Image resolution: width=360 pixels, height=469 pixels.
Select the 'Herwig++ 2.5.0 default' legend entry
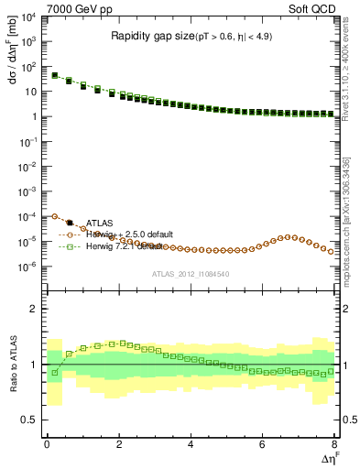tap(129, 234)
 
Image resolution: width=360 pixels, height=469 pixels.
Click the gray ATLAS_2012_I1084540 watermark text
tap(190, 274)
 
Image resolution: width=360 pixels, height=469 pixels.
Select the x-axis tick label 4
tap(191, 444)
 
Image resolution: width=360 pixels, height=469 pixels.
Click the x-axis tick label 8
tap(334, 444)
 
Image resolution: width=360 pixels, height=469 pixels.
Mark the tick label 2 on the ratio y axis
tap(34, 310)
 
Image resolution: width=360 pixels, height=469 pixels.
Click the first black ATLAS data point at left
tap(54, 75)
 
